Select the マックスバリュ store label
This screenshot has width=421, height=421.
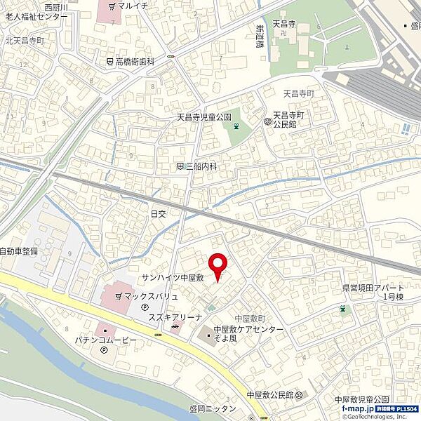[151, 296]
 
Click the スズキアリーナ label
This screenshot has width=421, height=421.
[156, 317]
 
